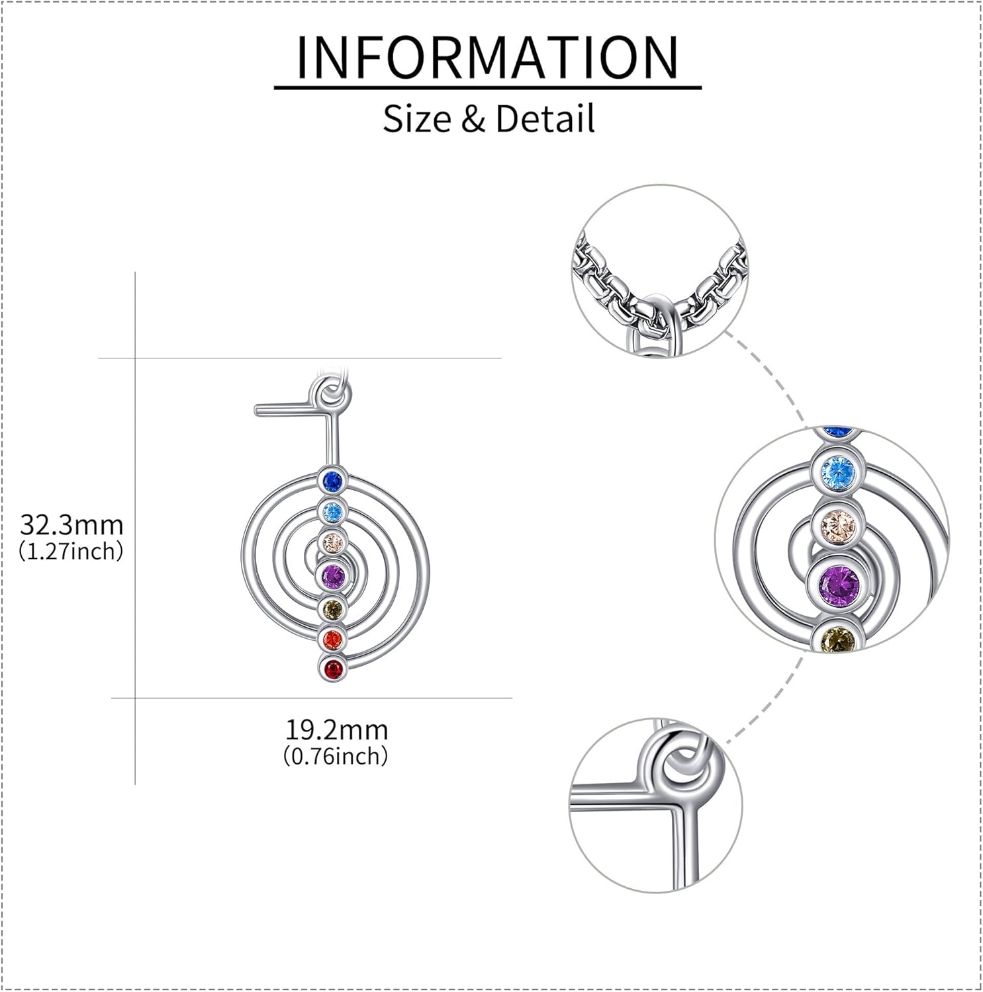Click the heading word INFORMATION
(488, 58)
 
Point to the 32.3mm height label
(71, 525)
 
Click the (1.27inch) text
(71, 551)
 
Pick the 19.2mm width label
(336, 730)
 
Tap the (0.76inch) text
(336, 755)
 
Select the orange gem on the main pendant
(332, 638)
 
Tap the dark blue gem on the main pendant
(332, 481)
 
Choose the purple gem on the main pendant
(332, 575)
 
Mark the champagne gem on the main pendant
(332, 543)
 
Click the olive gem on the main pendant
(332, 608)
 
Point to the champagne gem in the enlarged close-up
(837, 526)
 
